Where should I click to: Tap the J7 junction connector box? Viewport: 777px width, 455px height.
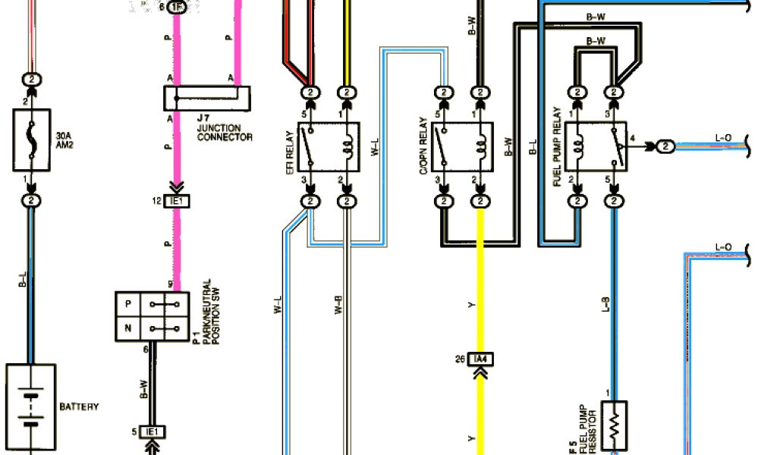pyautogui.click(x=207, y=98)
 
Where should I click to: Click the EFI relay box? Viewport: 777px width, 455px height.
pyautogui.click(x=329, y=146)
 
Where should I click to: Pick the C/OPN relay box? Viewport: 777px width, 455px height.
pyautogui.click(x=461, y=146)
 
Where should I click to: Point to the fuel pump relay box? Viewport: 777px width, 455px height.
pyautogui.click(x=595, y=146)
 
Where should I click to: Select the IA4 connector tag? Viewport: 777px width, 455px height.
pyautogui.click(x=480, y=359)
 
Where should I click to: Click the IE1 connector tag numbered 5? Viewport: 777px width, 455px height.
pyautogui.click(x=153, y=432)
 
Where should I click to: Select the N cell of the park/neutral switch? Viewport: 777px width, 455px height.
pyautogui.click(x=128, y=329)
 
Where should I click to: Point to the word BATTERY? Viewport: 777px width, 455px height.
pyautogui.click(x=79, y=407)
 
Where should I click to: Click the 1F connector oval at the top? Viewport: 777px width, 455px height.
pyautogui.click(x=176, y=8)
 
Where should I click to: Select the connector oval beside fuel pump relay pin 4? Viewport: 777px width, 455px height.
pyautogui.click(x=665, y=146)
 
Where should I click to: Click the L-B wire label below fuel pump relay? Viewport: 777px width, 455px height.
pyautogui.click(x=606, y=304)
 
